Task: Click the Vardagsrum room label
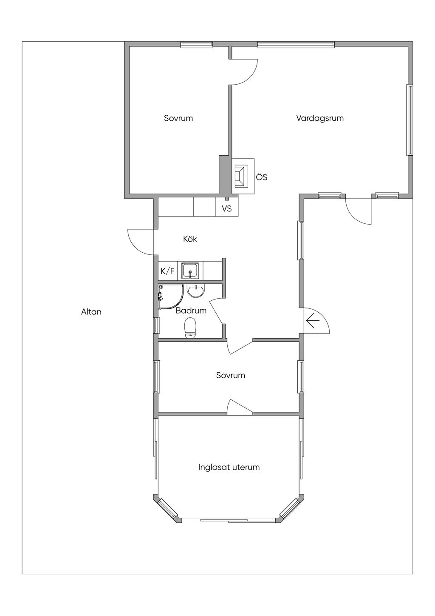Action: point(320,118)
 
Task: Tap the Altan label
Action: point(91,312)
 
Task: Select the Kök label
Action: point(190,239)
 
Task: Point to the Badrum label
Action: point(191,311)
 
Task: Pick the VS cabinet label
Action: point(227,209)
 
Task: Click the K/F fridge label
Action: point(167,271)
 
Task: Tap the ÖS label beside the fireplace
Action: point(262,177)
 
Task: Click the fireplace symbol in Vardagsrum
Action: point(243,176)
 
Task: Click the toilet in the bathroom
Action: point(190,328)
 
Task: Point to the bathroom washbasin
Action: point(195,291)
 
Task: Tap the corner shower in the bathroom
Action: point(171,297)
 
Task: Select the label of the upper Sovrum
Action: point(178,118)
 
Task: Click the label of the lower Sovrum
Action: point(230,375)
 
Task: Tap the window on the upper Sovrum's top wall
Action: point(197,45)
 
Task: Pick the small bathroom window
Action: point(156,325)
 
